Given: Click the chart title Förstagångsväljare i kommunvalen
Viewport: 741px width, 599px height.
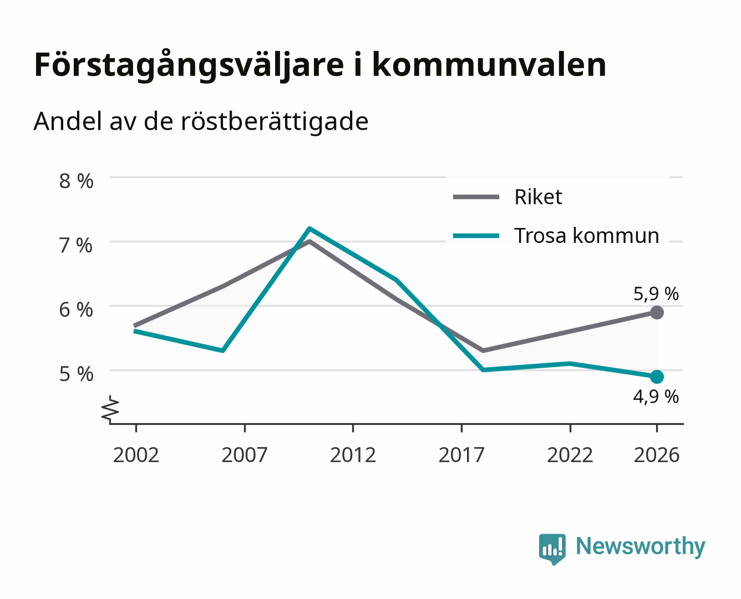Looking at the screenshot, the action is point(320,65).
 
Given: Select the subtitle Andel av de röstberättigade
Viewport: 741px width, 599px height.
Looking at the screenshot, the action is point(201,122).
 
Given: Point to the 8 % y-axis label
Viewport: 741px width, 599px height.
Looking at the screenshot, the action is point(76,181).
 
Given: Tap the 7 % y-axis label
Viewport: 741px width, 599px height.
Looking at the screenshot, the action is point(76,246).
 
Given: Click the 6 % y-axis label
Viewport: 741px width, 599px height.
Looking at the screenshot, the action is point(76,309).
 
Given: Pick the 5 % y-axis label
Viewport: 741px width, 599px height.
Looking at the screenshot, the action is point(76,374).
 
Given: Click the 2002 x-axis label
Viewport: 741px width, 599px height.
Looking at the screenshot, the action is point(136,455).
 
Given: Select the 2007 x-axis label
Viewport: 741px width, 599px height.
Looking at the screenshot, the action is point(245,455).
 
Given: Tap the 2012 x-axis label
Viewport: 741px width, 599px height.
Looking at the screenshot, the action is point(353,455).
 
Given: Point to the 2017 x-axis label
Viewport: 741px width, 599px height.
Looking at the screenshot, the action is point(461,455).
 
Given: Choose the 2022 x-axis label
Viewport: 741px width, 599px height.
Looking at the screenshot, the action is point(570,455).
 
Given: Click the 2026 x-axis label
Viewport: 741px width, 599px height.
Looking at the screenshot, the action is point(657,455).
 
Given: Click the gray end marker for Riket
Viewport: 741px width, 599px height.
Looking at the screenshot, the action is point(657,312).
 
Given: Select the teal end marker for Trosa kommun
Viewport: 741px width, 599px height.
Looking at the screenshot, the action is point(657,377).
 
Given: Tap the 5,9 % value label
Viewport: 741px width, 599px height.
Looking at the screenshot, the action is point(656,294).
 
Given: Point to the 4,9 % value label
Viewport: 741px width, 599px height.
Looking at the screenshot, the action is point(656,397).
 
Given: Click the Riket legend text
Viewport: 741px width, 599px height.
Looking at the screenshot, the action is point(538,197).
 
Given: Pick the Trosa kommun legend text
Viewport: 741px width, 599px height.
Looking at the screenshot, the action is point(587,236).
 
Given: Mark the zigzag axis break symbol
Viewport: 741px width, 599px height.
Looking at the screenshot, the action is point(110,409).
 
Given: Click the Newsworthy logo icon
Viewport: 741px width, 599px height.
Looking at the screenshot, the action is point(552,549).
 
